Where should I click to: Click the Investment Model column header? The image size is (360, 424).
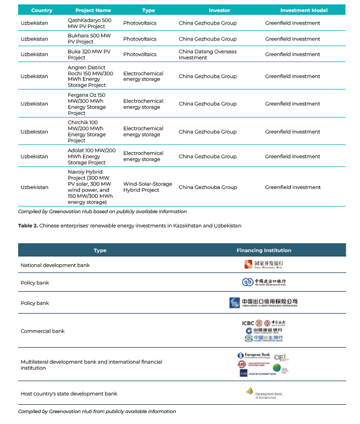304,10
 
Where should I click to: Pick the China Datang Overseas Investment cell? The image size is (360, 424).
208,54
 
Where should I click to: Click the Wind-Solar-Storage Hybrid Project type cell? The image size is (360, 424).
147,187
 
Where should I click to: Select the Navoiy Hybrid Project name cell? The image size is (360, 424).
91,187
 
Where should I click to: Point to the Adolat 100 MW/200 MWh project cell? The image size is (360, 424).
91,157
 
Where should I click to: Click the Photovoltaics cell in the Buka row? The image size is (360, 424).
140,54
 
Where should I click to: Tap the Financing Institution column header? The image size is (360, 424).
264,250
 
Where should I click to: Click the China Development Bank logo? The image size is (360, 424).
264,264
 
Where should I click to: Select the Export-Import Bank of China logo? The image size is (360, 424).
264,282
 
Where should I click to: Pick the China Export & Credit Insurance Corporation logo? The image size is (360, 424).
264,303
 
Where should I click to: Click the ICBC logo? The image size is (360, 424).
249,323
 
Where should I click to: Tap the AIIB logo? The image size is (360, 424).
242,364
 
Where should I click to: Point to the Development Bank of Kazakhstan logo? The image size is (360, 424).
264,393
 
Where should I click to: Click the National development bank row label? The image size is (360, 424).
55,265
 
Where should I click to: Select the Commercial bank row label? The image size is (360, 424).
43,331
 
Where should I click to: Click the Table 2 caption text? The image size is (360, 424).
129,226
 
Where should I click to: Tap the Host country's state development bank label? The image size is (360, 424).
69,394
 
